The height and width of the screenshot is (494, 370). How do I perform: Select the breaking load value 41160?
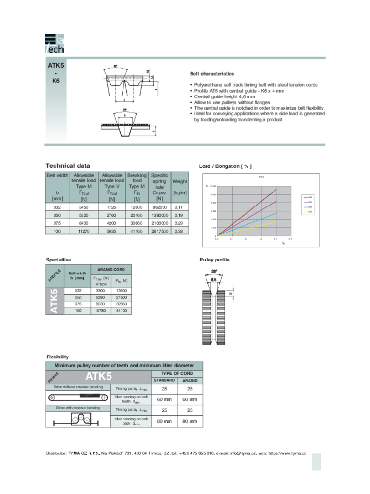click(137, 231)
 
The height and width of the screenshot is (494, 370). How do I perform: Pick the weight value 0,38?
click(180, 231)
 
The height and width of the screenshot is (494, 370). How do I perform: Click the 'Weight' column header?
click(180, 181)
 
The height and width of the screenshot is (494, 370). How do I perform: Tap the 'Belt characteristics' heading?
click(212, 74)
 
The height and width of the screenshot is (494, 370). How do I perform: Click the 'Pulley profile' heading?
click(215, 260)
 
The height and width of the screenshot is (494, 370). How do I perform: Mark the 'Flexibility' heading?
click(57, 357)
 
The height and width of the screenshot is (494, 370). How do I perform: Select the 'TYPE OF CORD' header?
click(177, 373)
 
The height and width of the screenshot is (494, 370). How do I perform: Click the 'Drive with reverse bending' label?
click(78, 408)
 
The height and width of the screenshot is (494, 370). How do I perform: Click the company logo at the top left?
click(54, 43)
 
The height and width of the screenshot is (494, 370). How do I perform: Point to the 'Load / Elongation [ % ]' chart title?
click(225, 166)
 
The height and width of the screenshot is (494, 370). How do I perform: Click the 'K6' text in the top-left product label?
click(55, 82)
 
